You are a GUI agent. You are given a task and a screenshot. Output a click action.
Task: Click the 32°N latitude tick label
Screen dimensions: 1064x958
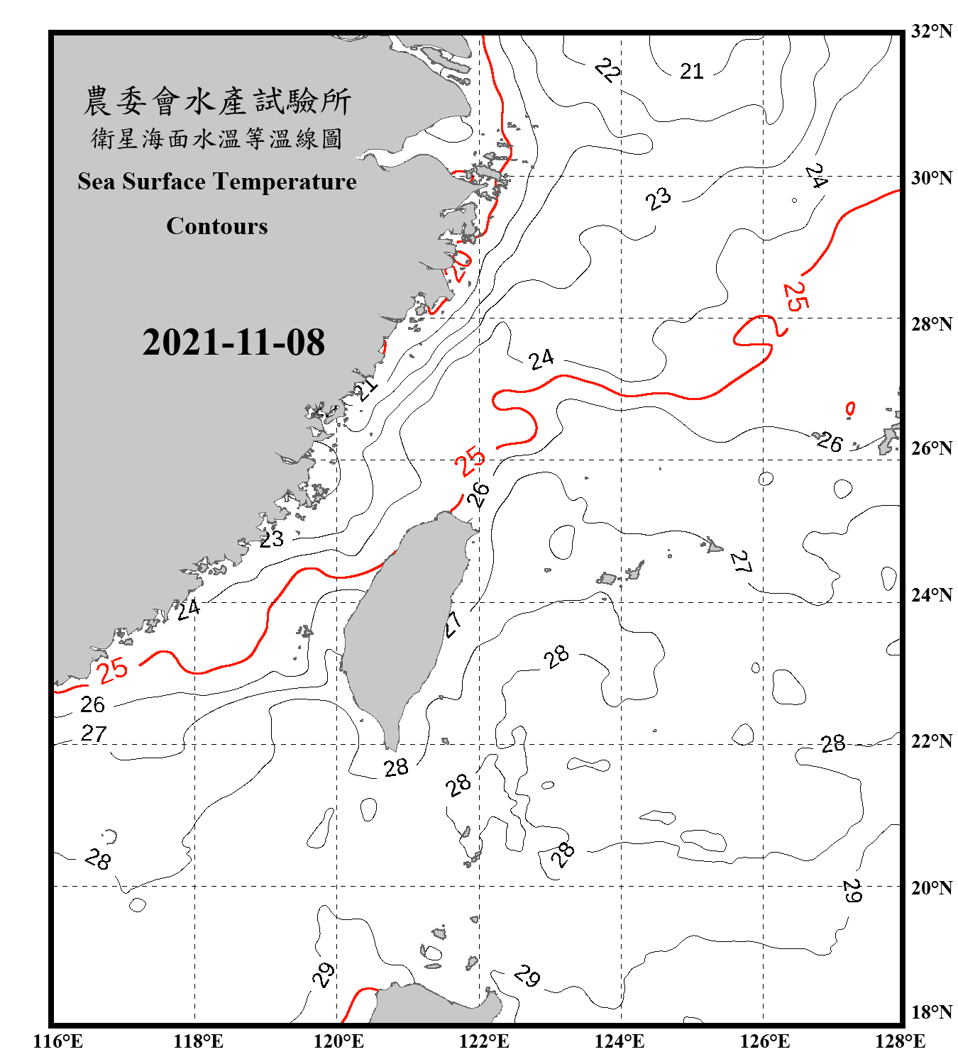[x=931, y=31]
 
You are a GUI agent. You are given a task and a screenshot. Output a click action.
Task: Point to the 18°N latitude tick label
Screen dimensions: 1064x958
[x=931, y=1012]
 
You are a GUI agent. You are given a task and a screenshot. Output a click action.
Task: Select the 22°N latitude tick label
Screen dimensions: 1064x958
[x=931, y=741]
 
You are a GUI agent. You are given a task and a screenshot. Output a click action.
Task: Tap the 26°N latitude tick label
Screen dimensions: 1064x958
[x=931, y=448]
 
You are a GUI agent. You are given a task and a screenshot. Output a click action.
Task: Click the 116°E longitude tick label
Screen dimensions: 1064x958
[x=57, y=1041]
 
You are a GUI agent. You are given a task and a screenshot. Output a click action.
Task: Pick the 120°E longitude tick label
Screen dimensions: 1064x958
[x=338, y=1041]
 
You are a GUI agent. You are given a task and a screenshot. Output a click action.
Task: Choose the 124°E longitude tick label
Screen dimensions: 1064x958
[x=620, y=1041]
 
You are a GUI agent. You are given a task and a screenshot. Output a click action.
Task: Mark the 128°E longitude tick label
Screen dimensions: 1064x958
[x=900, y=1041]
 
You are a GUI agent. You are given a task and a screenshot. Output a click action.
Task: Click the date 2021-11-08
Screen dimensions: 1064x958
[x=233, y=343]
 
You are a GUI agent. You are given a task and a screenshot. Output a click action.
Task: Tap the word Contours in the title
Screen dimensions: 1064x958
[x=217, y=226]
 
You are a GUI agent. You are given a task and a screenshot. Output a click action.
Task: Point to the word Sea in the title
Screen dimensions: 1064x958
[x=97, y=182]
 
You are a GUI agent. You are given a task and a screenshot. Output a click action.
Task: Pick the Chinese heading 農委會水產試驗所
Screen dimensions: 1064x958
[x=217, y=101]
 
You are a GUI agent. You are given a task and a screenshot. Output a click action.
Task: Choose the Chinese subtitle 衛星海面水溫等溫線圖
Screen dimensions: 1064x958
[x=217, y=139]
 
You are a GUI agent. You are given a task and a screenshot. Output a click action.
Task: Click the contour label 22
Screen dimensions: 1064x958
[x=607, y=70]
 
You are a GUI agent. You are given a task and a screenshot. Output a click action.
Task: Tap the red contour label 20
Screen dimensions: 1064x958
[x=459, y=265]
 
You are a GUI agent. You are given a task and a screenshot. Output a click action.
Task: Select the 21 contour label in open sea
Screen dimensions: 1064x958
[x=691, y=71]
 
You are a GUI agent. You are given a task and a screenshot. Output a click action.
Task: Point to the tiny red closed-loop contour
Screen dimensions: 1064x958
[x=850, y=409]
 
